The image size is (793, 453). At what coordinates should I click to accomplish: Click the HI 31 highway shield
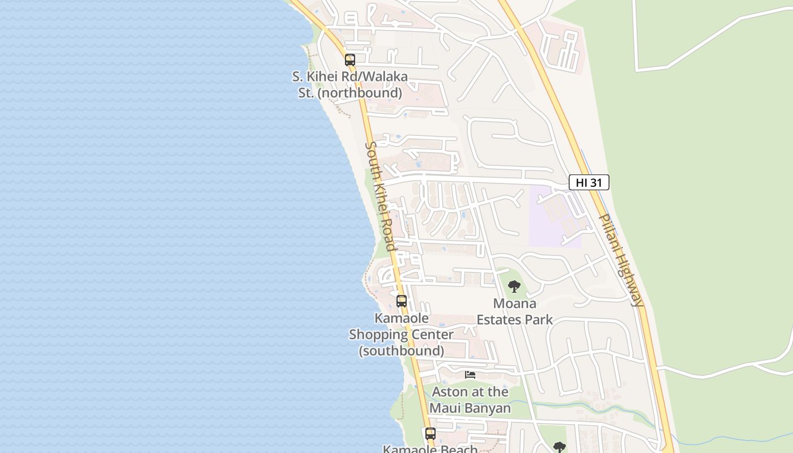(x=589, y=182)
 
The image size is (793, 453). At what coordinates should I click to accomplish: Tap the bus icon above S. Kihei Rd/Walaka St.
(x=350, y=59)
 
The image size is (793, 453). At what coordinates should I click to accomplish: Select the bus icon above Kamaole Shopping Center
(x=402, y=301)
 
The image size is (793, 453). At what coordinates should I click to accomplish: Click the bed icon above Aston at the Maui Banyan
(x=470, y=374)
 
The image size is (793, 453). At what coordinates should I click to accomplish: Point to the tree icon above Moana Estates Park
(x=514, y=287)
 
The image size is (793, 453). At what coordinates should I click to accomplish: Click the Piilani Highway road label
(x=621, y=260)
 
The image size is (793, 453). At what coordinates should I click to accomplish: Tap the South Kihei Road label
(x=380, y=196)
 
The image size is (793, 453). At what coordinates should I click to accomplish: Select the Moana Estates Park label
(x=514, y=311)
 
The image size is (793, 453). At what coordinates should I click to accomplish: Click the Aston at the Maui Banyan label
(x=470, y=400)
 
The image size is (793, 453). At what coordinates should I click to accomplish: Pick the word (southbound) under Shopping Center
(x=401, y=351)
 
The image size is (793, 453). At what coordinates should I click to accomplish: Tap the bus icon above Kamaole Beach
(x=430, y=434)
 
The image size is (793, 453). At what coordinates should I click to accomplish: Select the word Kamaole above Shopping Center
(x=402, y=318)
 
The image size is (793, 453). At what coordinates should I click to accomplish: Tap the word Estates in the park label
(x=498, y=319)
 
